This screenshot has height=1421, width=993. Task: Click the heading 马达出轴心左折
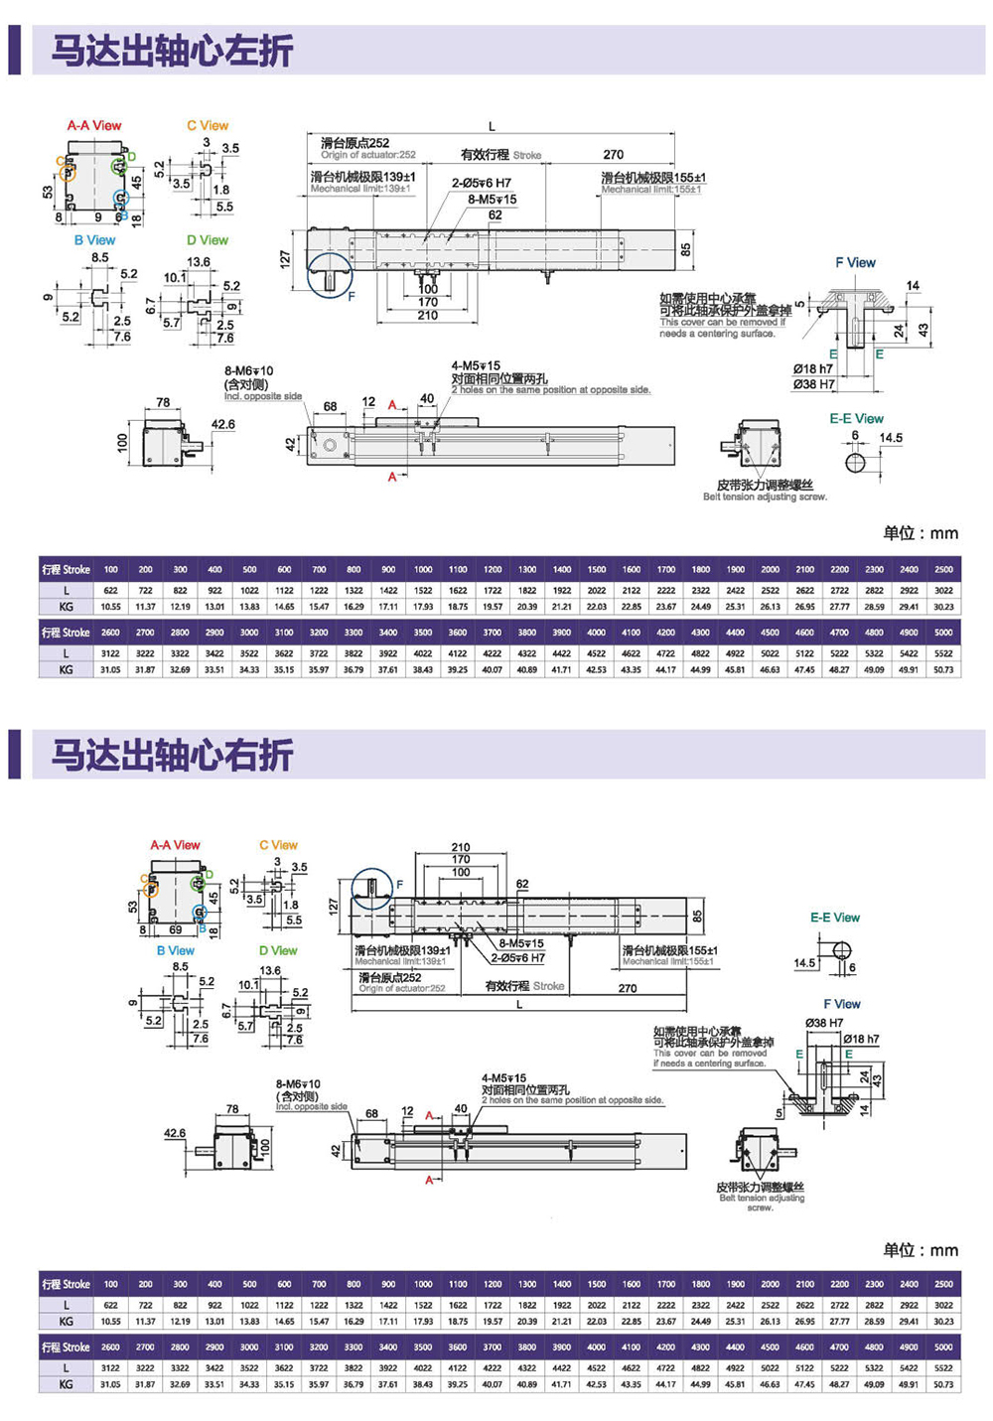172,51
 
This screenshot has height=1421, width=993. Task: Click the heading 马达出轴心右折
172,756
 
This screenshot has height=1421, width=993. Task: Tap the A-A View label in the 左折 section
94,126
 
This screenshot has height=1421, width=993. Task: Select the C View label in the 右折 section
278,845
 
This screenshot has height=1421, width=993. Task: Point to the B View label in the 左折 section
94,240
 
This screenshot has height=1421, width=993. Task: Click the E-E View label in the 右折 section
834,918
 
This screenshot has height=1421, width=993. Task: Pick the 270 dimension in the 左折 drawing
614,155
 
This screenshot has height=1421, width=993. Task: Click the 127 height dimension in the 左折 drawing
286,259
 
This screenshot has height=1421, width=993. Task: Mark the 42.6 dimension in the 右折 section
175,1133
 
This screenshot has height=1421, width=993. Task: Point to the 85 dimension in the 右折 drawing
697,915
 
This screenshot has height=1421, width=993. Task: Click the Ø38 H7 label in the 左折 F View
813,384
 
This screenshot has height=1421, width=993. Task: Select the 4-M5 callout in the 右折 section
504,1078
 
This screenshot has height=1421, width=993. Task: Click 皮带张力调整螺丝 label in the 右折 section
760,1187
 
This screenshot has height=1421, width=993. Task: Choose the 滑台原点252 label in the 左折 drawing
355,143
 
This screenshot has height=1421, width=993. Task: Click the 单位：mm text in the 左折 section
921,533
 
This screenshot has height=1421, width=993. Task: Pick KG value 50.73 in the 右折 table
943,1384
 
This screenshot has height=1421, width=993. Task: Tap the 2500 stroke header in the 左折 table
943,570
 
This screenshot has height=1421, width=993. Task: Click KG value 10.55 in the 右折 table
110,1322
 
